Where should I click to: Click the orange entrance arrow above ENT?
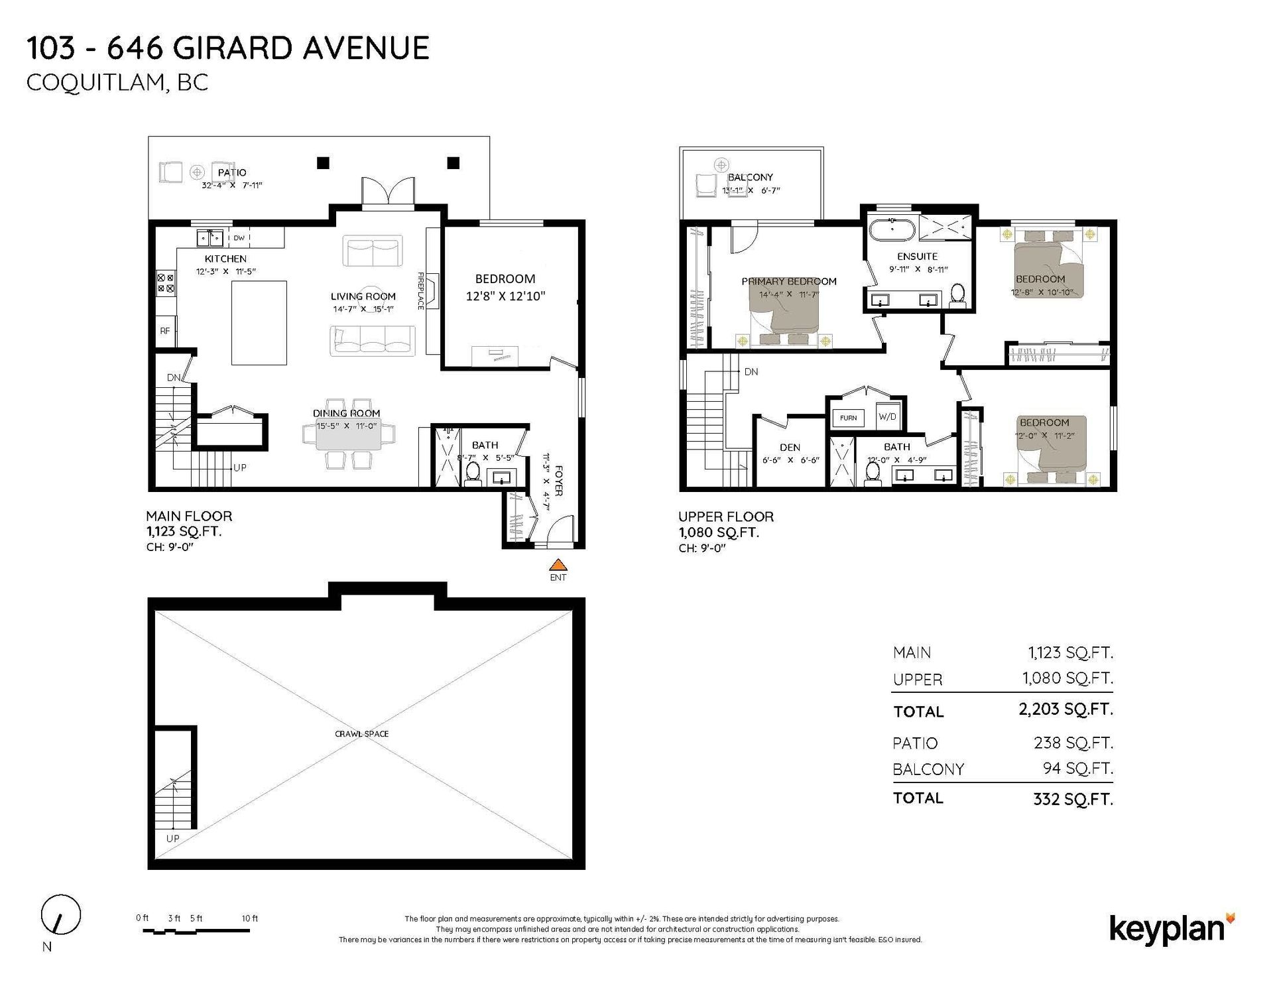559,564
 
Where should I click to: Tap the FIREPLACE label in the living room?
420,290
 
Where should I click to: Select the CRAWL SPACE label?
361,734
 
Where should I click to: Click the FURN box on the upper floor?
848,418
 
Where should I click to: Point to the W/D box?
887,416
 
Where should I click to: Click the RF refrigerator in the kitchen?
165,331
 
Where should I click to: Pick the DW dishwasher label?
239,237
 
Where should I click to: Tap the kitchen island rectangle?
259,323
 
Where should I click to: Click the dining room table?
349,434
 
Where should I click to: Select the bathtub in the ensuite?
892,230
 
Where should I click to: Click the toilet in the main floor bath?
473,475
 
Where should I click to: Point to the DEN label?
790,448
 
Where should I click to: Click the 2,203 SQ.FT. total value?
1065,709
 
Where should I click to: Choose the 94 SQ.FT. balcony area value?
1078,769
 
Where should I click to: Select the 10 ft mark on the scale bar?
249,918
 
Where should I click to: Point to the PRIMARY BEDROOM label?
789,281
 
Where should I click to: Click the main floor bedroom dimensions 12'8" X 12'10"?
505,296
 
